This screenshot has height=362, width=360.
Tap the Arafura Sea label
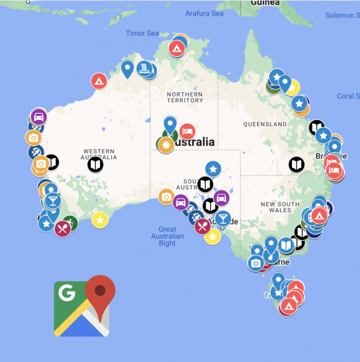point(205,13)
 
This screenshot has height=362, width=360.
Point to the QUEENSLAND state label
point(265,124)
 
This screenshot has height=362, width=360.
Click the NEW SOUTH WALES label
point(267,208)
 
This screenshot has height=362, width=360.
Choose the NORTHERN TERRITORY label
point(185,98)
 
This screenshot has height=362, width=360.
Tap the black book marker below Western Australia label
point(95,165)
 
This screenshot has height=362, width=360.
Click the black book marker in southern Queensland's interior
point(297,165)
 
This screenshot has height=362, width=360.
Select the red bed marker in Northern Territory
point(187,131)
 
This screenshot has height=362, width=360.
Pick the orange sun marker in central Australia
point(166,145)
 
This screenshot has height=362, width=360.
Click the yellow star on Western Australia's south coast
point(100,220)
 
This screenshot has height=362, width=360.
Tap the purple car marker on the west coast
point(39,117)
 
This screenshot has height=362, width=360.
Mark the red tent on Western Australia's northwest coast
point(98,81)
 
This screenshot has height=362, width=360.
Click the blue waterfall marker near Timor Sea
point(147,69)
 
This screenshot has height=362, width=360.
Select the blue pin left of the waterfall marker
point(128,68)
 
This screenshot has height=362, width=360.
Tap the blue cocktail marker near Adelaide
point(222,219)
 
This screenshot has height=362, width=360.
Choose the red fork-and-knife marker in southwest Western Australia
point(62,229)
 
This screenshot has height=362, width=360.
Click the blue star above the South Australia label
point(213,169)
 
